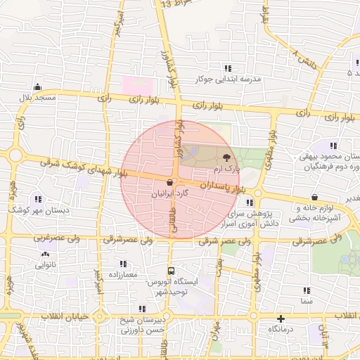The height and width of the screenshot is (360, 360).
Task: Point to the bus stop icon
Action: click(172, 270)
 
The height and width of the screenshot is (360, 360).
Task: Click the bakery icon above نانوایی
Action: click(45, 255)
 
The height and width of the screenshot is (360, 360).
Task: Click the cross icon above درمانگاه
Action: click(281, 319)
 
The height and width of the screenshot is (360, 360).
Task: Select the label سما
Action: click(305, 300)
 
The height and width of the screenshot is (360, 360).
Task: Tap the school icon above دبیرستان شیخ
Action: click(143, 309)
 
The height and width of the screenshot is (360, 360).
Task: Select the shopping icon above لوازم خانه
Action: click(313, 198)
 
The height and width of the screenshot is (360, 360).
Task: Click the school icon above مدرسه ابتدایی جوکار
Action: click(228, 67)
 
